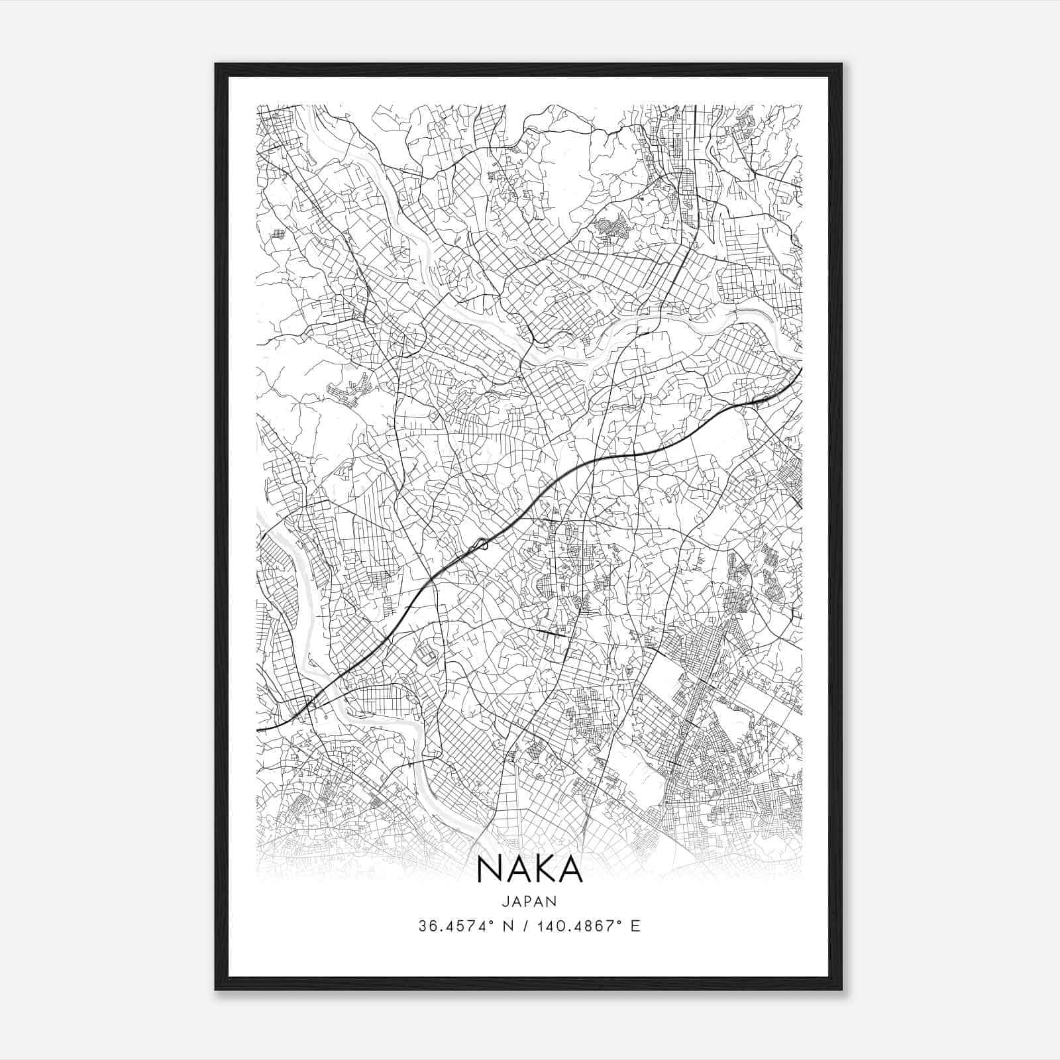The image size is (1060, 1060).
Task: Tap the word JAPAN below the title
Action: point(529,901)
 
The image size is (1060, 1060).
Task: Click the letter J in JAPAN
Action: point(505,901)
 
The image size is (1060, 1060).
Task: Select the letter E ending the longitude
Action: point(636,926)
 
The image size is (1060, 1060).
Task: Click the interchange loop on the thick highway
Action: point(481,545)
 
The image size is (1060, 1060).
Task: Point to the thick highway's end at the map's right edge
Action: point(802,368)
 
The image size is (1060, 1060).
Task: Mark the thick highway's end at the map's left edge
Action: point(257,729)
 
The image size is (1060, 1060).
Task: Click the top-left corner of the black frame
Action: point(216,64)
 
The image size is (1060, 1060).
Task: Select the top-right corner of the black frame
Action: point(841,64)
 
